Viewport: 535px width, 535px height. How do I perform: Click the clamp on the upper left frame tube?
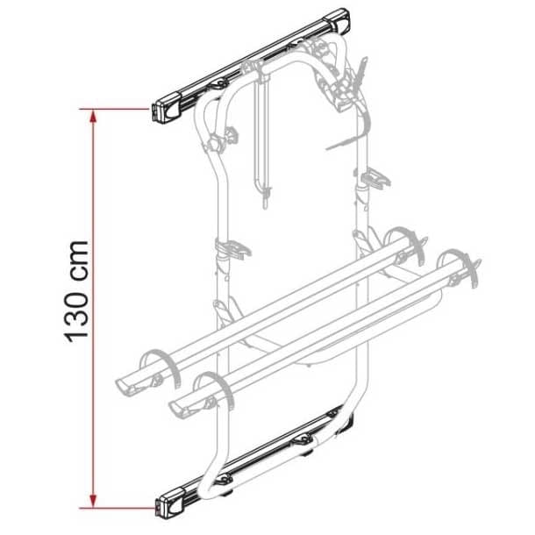230,135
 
